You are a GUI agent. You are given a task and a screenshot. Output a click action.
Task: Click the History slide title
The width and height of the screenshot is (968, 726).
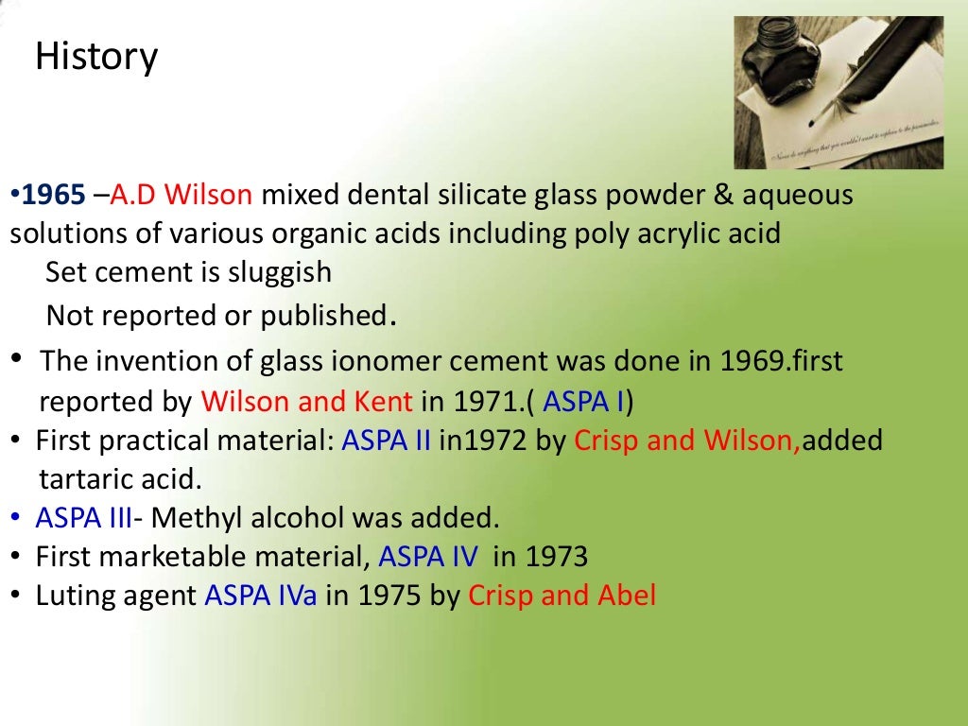(95, 58)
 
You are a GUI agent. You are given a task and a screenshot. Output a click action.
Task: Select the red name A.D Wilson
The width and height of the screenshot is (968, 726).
(181, 196)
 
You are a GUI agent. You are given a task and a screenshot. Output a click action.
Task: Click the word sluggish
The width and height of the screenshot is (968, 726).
(280, 273)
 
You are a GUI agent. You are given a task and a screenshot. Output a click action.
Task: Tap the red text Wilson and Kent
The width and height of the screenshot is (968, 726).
(306, 402)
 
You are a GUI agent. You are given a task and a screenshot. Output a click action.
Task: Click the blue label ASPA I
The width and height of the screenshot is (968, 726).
(585, 402)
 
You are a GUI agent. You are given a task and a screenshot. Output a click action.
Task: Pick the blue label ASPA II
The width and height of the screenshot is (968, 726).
(387, 441)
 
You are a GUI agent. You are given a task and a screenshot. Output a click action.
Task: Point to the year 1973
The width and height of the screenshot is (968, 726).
(555, 557)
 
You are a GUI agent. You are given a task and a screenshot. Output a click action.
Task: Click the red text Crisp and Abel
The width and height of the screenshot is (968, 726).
(562, 596)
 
